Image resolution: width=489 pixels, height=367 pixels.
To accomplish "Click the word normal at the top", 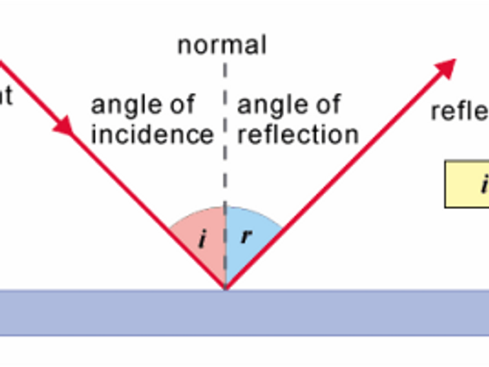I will [x=222, y=45].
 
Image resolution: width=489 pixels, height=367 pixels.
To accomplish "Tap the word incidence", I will [x=152, y=134].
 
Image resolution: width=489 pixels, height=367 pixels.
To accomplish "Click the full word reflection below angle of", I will [x=298, y=134].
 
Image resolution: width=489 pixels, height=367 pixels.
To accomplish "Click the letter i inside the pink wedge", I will [x=202, y=240].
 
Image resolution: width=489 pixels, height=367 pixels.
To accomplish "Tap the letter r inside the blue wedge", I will [x=246, y=236].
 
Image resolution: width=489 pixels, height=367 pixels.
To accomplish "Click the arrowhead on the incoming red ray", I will [x=64, y=126].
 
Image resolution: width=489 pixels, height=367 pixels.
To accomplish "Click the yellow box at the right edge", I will [x=468, y=184].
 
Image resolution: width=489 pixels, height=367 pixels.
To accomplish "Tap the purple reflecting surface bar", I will [x=244, y=312].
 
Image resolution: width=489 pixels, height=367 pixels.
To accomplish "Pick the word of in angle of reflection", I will [x=326, y=106].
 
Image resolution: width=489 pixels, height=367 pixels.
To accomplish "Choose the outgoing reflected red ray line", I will [x=340, y=174].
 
